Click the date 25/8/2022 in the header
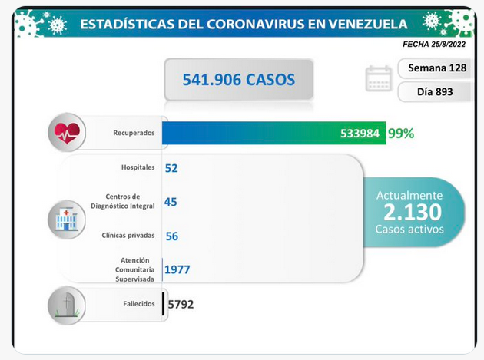pos(448,44)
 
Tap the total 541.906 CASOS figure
pos(239,80)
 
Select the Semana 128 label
pos(437,68)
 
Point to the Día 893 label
pos(435,91)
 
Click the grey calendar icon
pos(379,78)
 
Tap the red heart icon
pos(67,134)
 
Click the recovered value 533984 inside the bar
pos(360,134)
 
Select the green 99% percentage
pos(401,134)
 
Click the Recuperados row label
pos(134,133)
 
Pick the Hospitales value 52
pos(171,168)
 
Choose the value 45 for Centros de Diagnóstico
pos(171,202)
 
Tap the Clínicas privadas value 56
pos(172,236)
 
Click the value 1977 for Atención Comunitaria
pos(177,269)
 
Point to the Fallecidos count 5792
pos(181,305)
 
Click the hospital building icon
pos(67,220)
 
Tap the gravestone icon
pos(67,305)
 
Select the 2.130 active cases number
pos(413,212)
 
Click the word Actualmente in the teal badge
pos(409,196)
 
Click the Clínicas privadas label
pos(128,236)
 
